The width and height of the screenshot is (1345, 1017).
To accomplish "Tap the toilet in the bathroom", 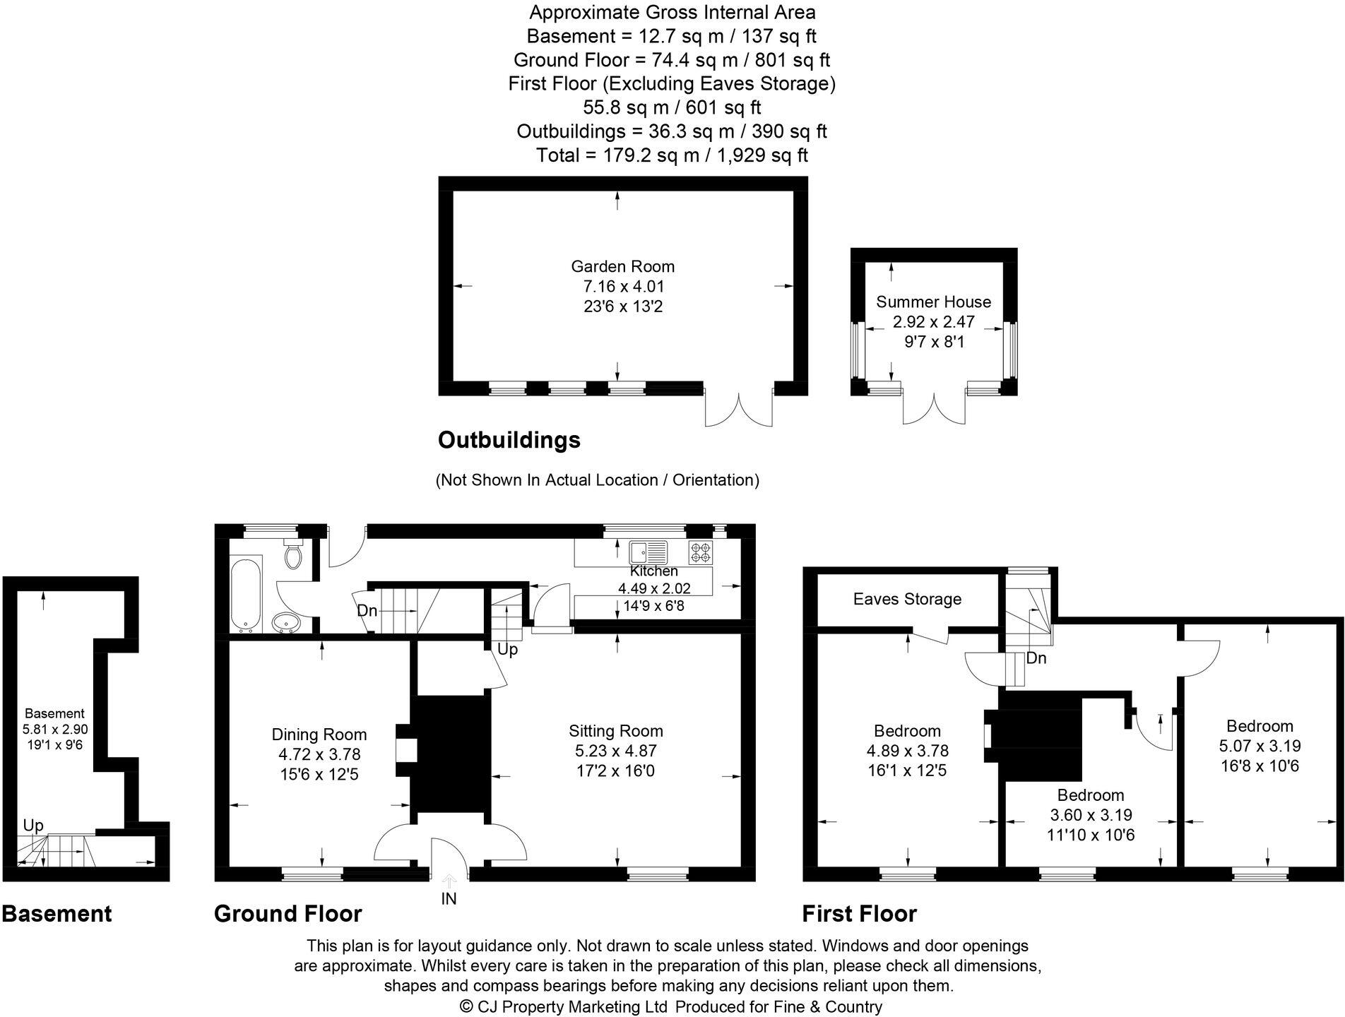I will (292, 555).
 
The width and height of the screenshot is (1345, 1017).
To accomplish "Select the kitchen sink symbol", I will (648, 552).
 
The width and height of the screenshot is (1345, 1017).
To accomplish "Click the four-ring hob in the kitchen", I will (701, 552).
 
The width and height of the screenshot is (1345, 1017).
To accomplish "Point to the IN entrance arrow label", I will (449, 899).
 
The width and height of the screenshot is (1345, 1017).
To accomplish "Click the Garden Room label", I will (622, 266).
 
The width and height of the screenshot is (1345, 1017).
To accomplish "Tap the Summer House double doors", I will (934, 409).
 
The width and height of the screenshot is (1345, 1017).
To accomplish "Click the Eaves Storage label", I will (907, 599).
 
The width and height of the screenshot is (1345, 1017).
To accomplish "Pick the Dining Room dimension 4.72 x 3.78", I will (319, 754).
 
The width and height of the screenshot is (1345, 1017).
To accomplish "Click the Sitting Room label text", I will (615, 731).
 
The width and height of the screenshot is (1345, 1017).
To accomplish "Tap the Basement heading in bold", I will (57, 914).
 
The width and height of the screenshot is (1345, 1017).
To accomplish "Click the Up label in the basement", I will (33, 826).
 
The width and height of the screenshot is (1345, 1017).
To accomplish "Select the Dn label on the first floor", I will (1036, 658).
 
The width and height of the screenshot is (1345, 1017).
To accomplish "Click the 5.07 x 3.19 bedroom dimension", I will (1260, 746).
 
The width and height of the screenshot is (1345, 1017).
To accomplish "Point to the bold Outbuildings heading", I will (509, 440).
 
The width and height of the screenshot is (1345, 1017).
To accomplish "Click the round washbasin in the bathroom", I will (286, 622).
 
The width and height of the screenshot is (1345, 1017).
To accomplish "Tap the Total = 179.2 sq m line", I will (672, 155).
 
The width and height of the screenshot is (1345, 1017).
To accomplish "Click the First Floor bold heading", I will (859, 914).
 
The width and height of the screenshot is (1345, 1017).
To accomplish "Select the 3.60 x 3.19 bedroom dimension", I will (1091, 815).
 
